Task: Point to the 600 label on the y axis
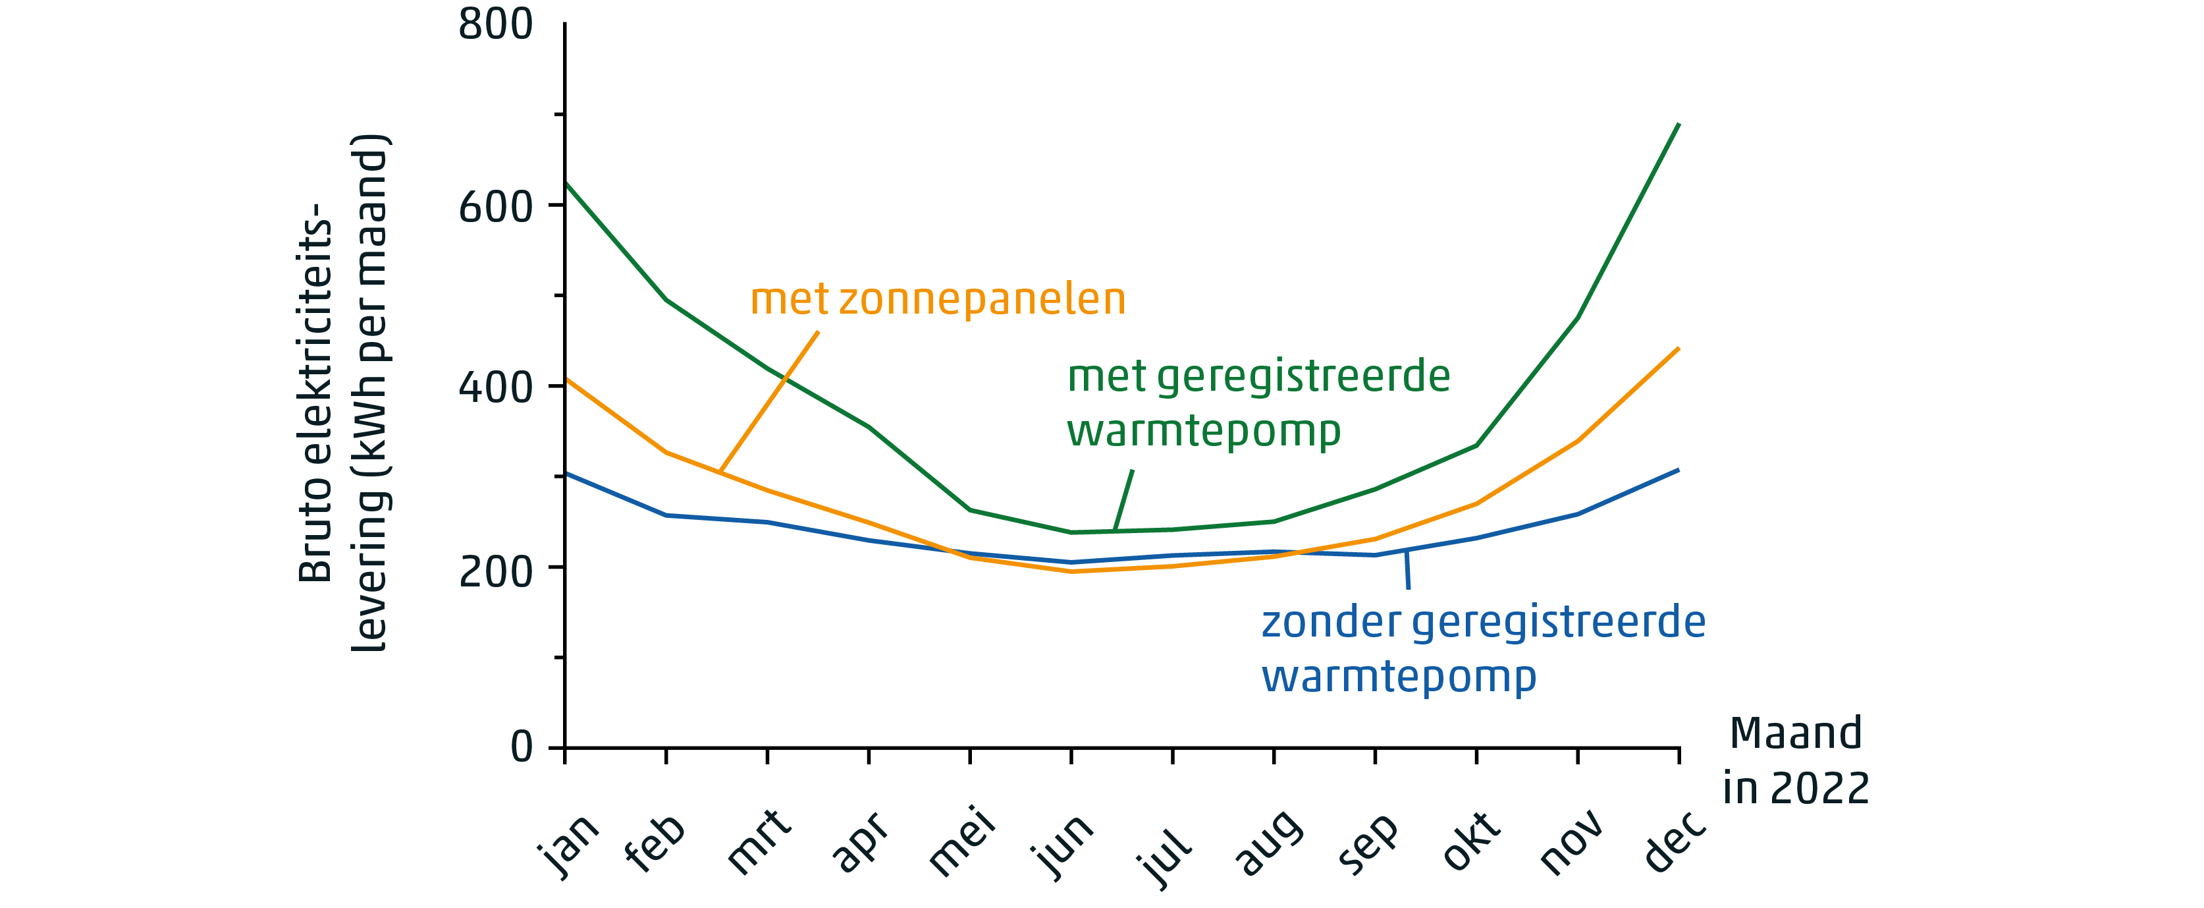[x=495, y=207]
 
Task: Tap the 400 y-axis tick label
[x=495, y=387]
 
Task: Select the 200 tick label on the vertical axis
[x=495, y=571]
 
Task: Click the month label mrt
[x=760, y=842]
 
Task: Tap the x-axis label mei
[x=963, y=842]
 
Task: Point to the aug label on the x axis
[x=1269, y=844]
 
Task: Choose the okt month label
[x=1472, y=842]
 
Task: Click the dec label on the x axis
[x=1675, y=842]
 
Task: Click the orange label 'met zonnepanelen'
[x=938, y=300]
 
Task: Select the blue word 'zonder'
[x=1330, y=622]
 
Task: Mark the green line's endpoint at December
[x=1679, y=125]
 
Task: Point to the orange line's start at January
[x=566, y=379]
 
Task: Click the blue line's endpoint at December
[x=1679, y=470]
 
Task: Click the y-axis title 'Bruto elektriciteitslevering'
[x=342, y=393]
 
